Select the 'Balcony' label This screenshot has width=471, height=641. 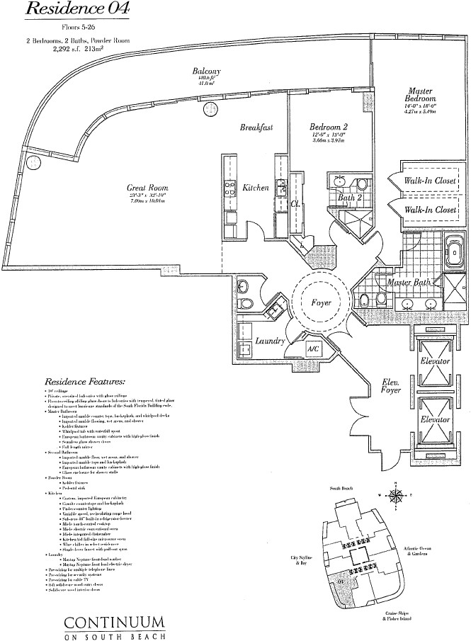(207, 72)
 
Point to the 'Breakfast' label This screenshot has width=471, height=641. (256, 127)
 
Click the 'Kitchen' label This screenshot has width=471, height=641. (256, 188)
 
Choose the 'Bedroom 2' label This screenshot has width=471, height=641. (327, 127)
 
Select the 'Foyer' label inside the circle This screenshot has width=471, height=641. (322, 303)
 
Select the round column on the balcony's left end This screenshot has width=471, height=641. (32, 162)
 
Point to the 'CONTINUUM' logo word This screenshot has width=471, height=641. (115, 624)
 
